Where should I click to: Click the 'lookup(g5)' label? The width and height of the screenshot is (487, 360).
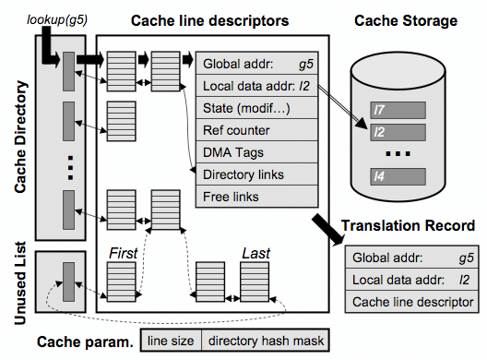(57, 20)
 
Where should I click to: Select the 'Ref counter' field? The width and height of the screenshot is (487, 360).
(256, 130)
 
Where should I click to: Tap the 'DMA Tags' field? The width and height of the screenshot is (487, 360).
(256, 152)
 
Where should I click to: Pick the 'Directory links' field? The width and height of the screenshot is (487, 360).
(256, 174)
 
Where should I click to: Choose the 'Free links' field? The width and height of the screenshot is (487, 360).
(256, 197)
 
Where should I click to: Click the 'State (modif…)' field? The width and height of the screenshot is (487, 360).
(256, 108)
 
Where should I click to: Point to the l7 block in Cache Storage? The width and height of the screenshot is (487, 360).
(398, 110)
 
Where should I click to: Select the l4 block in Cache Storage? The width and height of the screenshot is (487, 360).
(398, 176)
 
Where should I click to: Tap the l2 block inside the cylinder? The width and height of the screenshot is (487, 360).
(398, 132)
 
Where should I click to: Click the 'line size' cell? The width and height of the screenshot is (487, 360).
(171, 341)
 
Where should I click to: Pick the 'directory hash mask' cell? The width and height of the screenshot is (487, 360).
(266, 341)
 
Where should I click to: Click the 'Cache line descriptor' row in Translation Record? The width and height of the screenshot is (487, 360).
(412, 302)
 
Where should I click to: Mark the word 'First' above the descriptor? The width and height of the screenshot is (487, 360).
(123, 253)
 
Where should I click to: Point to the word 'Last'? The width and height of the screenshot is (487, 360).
(255, 253)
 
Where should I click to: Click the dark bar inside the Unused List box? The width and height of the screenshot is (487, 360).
(68, 282)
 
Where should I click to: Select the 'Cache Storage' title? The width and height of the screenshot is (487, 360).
(406, 21)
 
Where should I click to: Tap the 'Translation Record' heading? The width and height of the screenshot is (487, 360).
(408, 225)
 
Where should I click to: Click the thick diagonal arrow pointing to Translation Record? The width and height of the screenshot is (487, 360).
(328, 230)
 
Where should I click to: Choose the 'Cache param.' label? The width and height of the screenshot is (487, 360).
(85, 342)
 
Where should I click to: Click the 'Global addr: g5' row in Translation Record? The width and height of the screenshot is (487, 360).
(412, 258)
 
